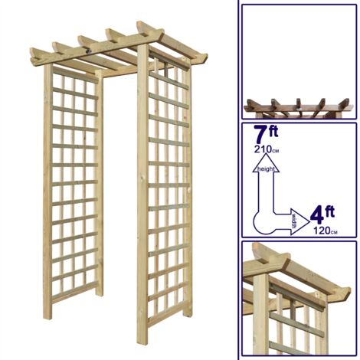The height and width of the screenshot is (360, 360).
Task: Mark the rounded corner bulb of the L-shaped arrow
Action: [x=263, y=223]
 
